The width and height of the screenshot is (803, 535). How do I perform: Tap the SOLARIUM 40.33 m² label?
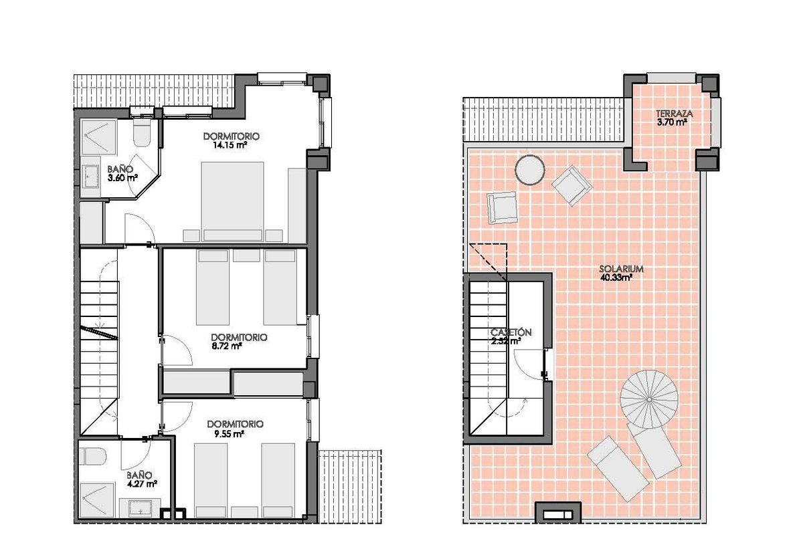[x=621, y=273]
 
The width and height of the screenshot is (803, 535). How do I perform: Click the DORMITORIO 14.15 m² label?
[x=231, y=140]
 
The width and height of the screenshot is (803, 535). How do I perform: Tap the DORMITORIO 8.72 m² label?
[x=238, y=341]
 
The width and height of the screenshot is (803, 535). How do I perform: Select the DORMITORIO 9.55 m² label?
[x=235, y=428]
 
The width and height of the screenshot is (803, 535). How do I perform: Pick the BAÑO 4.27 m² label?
[x=142, y=479]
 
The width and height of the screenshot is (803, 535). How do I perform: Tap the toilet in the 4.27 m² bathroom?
[x=93, y=457]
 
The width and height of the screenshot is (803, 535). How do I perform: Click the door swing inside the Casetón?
[x=529, y=364]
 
